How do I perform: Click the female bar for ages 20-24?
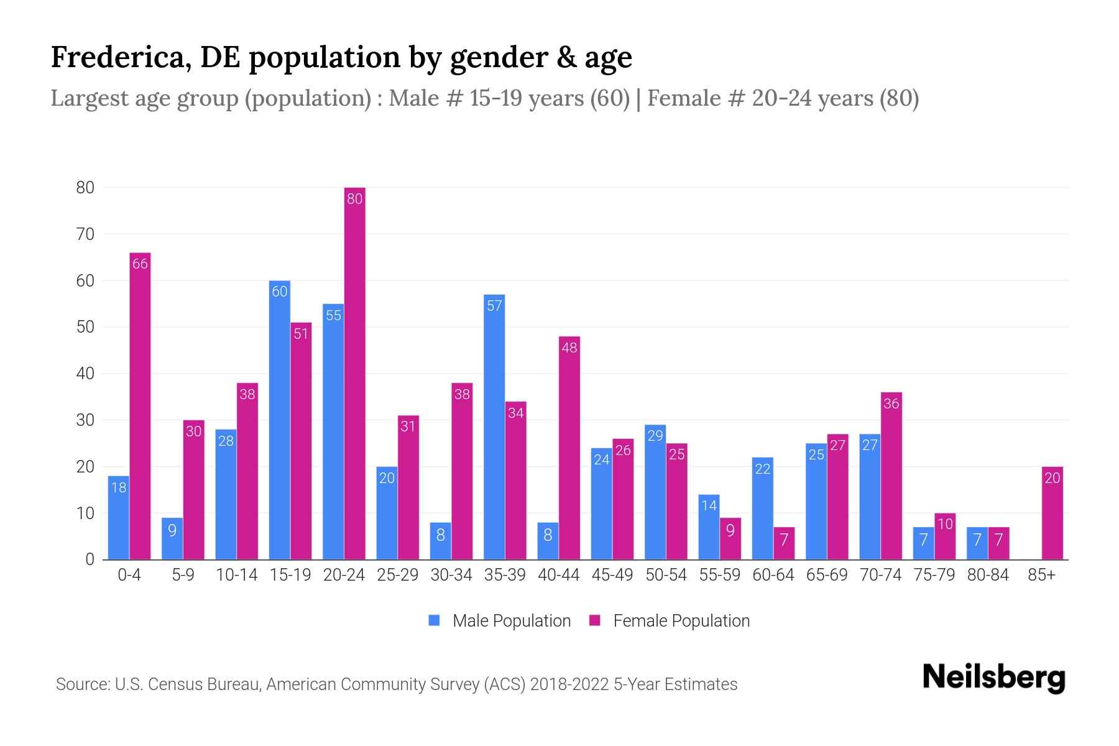355,373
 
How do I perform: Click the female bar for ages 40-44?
569,448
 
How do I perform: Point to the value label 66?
140,264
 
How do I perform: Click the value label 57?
494,306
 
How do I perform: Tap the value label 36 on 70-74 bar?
891,403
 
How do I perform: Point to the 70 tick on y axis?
85,234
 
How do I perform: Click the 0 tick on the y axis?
90,559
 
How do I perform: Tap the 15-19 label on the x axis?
290,575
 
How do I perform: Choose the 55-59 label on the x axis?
719,575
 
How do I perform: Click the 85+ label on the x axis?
1041,575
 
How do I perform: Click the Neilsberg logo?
993,678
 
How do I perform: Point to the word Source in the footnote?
82,684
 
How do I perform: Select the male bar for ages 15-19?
280,420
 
